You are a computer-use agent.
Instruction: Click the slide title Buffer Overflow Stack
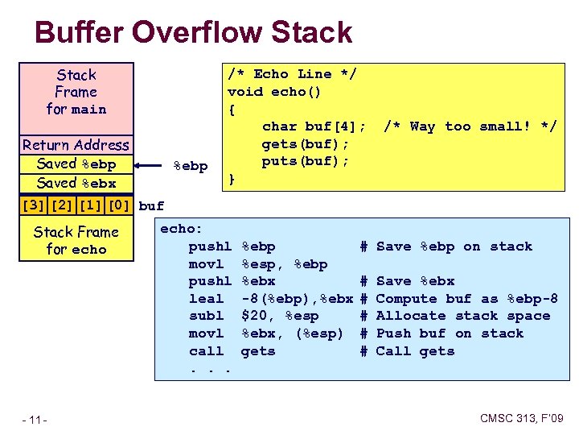(194, 33)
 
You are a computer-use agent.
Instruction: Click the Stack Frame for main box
(76, 92)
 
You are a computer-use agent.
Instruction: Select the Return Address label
(76, 145)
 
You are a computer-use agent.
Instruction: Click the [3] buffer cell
(33, 205)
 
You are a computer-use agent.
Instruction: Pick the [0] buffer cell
(118, 205)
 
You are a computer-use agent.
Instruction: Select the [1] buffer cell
(90, 205)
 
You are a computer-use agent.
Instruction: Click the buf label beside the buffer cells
(151, 205)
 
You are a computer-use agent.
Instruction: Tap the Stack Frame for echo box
(76, 241)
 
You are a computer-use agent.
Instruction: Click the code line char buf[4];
(314, 126)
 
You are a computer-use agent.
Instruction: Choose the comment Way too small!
(470, 126)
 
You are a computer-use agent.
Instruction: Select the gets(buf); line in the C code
(306, 143)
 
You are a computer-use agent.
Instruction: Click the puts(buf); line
(306, 161)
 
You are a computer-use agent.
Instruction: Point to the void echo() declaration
(274, 92)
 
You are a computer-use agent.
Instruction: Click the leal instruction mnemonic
(206, 299)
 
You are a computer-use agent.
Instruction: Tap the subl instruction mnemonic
(206, 316)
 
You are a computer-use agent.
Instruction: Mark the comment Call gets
(415, 351)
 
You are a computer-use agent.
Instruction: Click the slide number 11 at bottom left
(35, 419)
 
